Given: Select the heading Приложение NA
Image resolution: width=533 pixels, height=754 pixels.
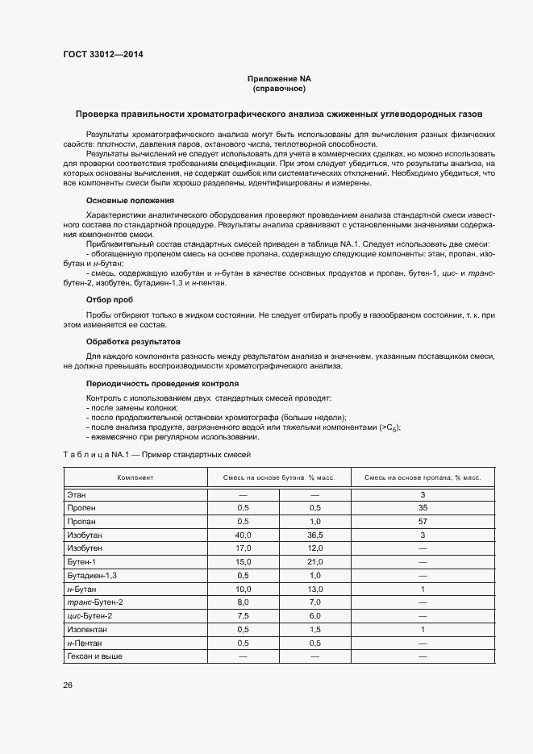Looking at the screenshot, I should pyautogui.click(x=278, y=78).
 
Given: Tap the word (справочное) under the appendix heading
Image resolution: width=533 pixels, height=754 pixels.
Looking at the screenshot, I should pyautogui.click(x=278, y=88).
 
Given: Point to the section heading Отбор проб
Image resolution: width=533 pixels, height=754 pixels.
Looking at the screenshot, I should pyautogui.click(x=109, y=299).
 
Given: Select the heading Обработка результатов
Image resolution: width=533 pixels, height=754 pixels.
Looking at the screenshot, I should pyautogui.click(x=134, y=342).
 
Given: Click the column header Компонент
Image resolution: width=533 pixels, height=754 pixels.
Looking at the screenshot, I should pyautogui.click(x=135, y=478).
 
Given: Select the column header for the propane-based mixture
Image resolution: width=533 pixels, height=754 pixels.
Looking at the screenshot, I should pyautogui.click(x=423, y=478).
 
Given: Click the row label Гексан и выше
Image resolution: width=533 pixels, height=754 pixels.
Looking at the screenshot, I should pyautogui.click(x=95, y=656).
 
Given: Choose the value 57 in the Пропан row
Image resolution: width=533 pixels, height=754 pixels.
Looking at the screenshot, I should pyautogui.click(x=423, y=521).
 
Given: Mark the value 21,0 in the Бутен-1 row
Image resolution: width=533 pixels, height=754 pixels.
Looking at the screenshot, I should pyautogui.click(x=315, y=561).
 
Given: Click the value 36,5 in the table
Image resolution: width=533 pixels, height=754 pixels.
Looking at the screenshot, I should pyautogui.click(x=315, y=535).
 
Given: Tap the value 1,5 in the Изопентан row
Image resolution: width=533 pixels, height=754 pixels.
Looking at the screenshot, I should pyautogui.click(x=315, y=629).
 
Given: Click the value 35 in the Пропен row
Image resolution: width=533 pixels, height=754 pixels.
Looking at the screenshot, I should pyautogui.click(x=423, y=507).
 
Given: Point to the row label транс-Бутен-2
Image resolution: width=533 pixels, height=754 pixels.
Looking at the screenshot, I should pyautogui.click(x=96, y=602).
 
